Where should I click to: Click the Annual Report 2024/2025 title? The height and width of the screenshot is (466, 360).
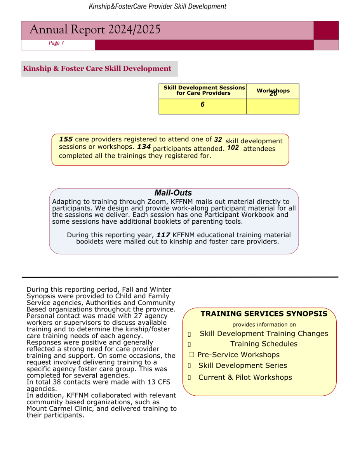pyautogui.click(x=95, y=30)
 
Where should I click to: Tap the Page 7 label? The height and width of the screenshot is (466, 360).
pyautogui.click(x=56, y=43)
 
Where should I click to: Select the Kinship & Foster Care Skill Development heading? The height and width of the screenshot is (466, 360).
pyautogui.click(x=97, y=69)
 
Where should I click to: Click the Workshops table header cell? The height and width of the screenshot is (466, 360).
pyautogui.click(x=273, y=91)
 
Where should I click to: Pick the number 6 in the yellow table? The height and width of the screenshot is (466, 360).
pyautogui.click(x=202, y=104)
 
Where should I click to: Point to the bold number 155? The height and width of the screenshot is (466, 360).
pyautogui.click(x=66, y=139)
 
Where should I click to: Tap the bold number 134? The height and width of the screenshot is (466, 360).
pyautogui.click(x=144, y=147)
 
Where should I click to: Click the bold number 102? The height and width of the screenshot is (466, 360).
pyautogui.click(x=233, y=148)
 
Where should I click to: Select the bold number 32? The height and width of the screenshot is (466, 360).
pyautogui.click(x=218, y=139)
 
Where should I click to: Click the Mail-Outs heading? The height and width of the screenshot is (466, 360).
pyautogui.click(x=173, y=193)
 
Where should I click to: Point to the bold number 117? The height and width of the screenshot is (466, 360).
pyautogui.click(x=163, y=235)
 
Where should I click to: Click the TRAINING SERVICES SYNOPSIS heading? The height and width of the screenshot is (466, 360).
pyautogui.click(x=264, y=314)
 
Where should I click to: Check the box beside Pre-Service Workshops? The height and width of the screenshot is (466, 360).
pyautogui.click(x=191, y=355)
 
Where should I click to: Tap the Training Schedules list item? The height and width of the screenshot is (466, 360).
pyautogui.click(x=264, y=344)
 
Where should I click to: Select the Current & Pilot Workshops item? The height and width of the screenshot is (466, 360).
pyautogui.click(x=245, y=377)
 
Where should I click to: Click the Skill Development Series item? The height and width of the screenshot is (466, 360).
pyautogui.click(x=243, y=366)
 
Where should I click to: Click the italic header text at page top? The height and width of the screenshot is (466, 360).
pyautogui.click(x=158, y=7)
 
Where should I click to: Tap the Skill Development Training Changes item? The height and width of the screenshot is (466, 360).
pyautogui.click(x=264, y=334)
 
